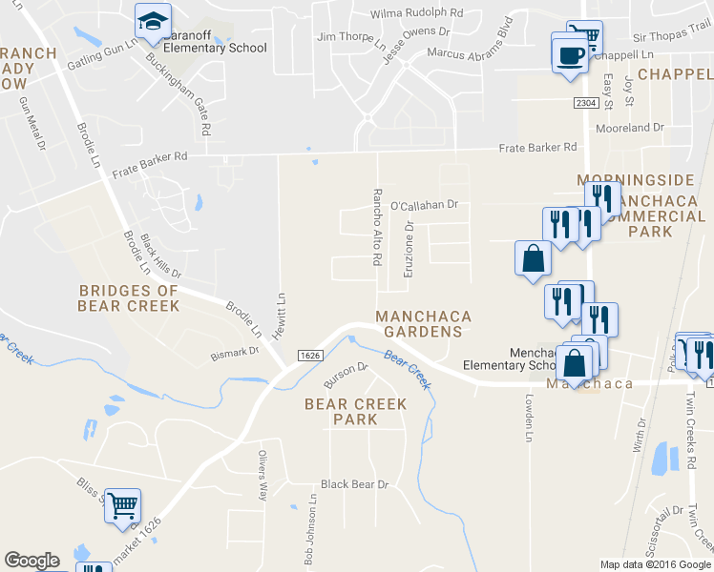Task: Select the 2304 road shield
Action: click(x=585, y=101)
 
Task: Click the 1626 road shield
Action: click(x=308, y=356)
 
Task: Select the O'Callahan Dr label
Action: click(x=425, y=204)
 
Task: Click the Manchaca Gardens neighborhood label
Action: click(x=419, y=323)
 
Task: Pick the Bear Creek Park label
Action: click(x=355, y=412)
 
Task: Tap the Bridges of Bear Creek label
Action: click(x=129, y=298)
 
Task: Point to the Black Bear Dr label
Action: click(x=355, y=484)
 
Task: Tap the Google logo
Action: click(x=31, y=561)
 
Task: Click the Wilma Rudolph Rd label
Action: click(x=417, y=14)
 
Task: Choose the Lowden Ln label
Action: click(x=527, y=420)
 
